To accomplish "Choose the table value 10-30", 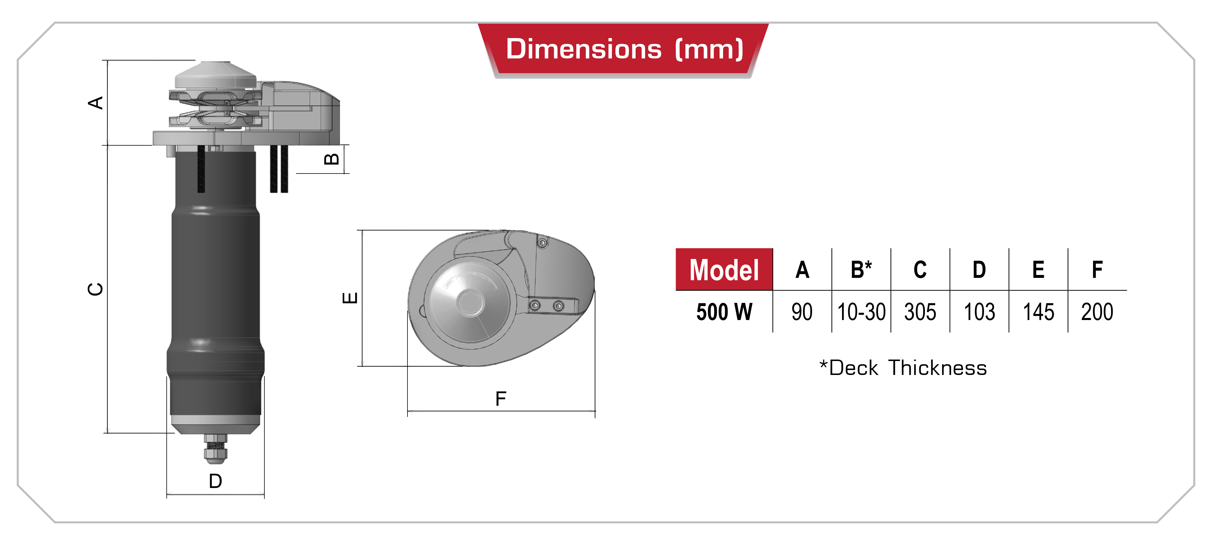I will coord(861,312).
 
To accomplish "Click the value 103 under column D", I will coord(979,312).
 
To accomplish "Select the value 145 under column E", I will coord(1038,312).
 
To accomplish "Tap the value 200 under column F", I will coord(1097,312).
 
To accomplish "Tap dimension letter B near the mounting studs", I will coord(332,159).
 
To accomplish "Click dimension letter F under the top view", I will coord(501,399).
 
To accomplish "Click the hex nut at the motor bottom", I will coord(216,453).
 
